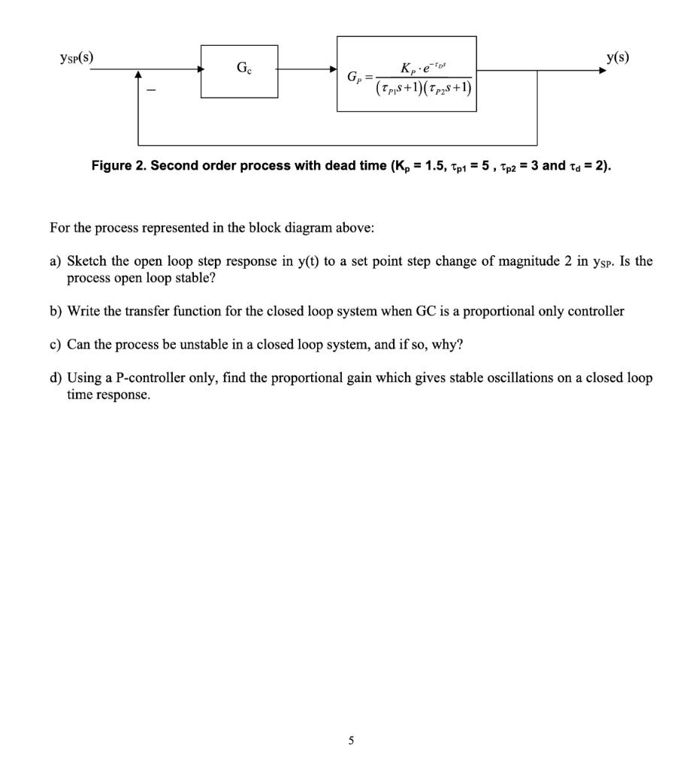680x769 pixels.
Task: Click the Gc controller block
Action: (240, 71)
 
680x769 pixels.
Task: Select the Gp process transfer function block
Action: (406, 74)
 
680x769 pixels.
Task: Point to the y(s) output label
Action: (617, 57)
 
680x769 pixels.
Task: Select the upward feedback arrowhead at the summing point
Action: (138, 75)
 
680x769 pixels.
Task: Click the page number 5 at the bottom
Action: (351, 740)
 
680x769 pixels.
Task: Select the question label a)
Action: (55, 262)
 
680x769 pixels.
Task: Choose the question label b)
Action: (55, 311)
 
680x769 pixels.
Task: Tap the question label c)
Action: (55, 344)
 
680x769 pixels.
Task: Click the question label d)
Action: (55, 378)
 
